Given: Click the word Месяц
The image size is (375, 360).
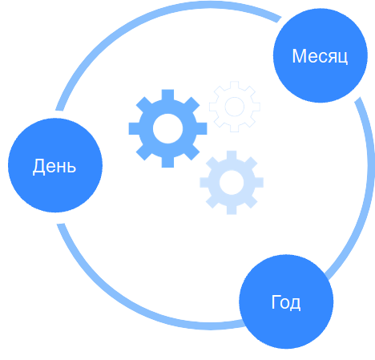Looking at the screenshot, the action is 320,56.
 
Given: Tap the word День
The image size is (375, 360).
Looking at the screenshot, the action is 54,166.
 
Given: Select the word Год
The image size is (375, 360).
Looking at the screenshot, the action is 286,302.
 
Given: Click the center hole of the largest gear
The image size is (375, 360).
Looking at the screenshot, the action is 167,128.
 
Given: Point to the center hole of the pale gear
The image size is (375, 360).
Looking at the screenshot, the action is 232,183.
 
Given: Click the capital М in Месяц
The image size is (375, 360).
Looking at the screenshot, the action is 299,56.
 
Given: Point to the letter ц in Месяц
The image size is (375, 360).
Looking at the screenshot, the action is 343,59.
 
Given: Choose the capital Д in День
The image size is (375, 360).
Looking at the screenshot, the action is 38,167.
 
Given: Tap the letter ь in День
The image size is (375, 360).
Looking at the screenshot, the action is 71,168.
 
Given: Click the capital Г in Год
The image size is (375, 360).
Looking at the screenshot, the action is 276,301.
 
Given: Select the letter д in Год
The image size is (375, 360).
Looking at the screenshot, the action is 295,305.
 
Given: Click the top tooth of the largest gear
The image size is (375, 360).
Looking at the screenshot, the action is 167,95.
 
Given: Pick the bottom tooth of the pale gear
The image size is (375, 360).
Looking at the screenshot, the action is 232,210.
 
